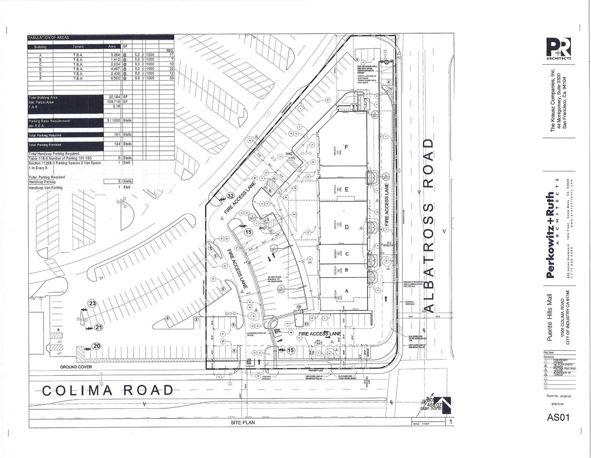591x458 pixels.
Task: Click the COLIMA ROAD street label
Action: click(x=108, y=391)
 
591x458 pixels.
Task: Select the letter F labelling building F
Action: click(x=346, y=147)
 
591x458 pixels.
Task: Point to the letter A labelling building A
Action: click(x=347, y=291)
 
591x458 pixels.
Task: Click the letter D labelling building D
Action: click(x=347, y=227)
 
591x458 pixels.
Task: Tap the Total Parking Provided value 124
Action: click(x=117, y=144)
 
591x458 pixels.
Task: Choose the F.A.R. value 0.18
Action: click(x=117, y=106)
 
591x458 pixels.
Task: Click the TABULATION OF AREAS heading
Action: click(x=48, y=37)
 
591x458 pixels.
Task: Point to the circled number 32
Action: click(x=230, y=196)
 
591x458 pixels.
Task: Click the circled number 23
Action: click(x=92, y=303)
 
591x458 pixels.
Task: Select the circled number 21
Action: click(x=99, y=327)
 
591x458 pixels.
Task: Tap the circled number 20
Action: click(x=97, y=346)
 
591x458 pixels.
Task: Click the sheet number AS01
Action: click(x=558, y=417)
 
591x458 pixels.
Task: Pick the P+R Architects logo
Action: click(x=558, y=48)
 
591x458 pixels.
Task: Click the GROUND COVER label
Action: click(x=76, y=367)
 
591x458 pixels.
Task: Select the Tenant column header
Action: click(x=78, y=47)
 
